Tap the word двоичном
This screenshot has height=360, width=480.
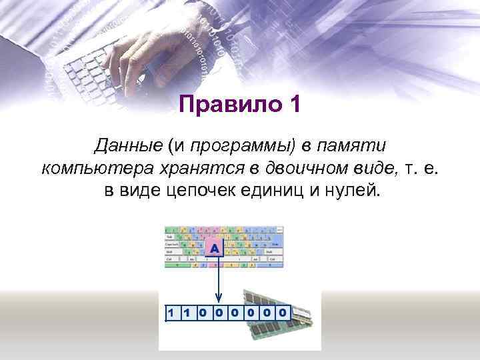pos(301,168)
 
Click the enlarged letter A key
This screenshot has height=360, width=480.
pos(215,249)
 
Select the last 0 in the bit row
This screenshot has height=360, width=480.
pos(283,312)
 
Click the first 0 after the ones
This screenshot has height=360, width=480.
pos(203,312)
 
